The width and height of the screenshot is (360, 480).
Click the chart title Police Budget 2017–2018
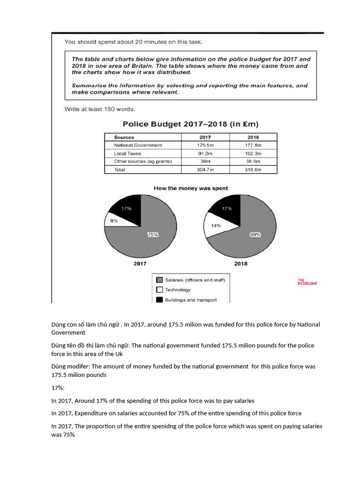(x=190, y=124)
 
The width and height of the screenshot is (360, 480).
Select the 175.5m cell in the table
(x=205, y=145)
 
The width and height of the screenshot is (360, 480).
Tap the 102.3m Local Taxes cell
(x=253, y=153)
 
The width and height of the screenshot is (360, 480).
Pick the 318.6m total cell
(x=253, y=169)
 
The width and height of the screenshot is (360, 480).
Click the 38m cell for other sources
(x=205, y=161)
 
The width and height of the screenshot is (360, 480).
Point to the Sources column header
(x=124, y=137)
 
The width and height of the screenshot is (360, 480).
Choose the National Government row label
(x=138, y=145)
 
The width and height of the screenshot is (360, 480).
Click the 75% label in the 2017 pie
(x=153, y=235)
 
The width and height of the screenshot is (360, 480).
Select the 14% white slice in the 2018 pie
(x=216, y=226)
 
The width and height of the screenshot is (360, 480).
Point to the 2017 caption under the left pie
(x=140, y=264)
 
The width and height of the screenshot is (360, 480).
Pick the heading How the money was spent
(x=191, y=188)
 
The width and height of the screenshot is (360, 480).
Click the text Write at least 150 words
(x=99, y=109)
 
